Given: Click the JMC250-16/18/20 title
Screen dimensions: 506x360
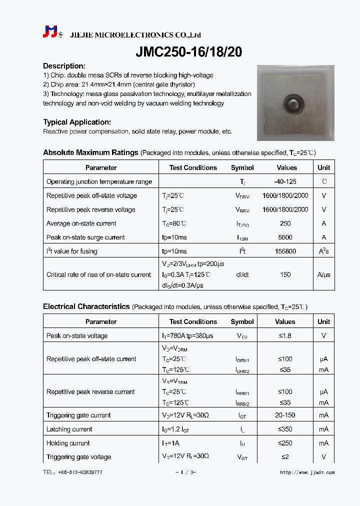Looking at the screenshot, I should click(x=189, y=51).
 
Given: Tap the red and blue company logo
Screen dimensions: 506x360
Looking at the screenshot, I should click(x=50, y=32).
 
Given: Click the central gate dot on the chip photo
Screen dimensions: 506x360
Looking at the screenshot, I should click(x=291, y=104).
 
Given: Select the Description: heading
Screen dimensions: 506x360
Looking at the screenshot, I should click(x=64, y=66).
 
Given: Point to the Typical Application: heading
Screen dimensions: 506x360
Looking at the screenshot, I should click(x=77, y=122).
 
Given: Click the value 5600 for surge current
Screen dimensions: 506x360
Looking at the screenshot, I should click(x=285, y=237).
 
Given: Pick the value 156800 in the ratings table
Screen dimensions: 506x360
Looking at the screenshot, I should click(x=285, y=251).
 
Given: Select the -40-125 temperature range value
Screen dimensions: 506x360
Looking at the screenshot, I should click(x=285, y=181).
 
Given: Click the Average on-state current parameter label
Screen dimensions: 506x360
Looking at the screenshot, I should click(x=81, y=223).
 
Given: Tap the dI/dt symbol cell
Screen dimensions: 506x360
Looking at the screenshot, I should click(x=242, y=274).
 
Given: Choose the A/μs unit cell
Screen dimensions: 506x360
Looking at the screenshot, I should click(x=323, y=274).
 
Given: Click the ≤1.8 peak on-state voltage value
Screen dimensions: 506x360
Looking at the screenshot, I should click(x=285, y=336).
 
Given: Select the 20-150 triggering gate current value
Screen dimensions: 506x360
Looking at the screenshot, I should click(x=285, y=415).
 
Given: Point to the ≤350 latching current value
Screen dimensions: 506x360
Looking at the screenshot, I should click(x=285, y=429).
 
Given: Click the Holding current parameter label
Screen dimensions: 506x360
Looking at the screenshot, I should click(x=68, y=443).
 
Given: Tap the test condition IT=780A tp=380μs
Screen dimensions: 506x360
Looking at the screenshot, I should click(x=192, y=336).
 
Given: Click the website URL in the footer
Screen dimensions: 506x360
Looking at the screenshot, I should click(x=307, y=472).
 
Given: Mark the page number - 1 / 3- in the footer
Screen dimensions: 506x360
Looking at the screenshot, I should click(x=185, y=472).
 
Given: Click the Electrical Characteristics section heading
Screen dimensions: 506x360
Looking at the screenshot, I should click(x=86, y=306).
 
